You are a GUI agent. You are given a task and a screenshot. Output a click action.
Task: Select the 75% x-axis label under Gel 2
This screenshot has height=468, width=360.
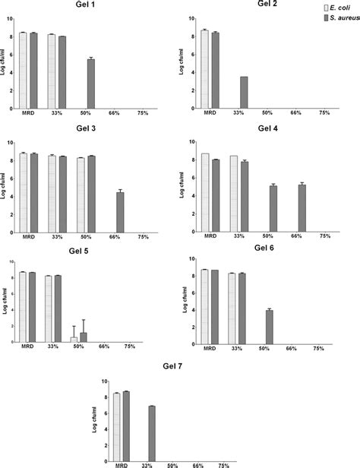[324, 112]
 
